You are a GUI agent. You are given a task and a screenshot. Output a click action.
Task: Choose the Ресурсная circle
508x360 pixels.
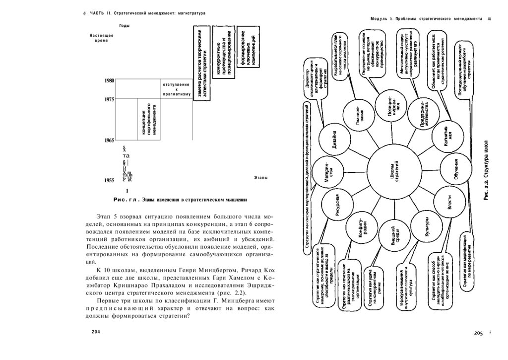[336, 204]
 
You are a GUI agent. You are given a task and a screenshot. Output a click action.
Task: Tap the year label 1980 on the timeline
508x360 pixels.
[110, 80]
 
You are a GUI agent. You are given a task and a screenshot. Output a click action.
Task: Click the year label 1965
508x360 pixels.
[110, 141]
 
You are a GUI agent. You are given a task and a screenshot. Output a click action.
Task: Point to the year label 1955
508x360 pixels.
[110, 181]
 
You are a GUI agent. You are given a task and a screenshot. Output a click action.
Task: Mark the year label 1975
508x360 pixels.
[110, 99]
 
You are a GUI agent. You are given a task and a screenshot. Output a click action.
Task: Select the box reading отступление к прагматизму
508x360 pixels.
[176, 89]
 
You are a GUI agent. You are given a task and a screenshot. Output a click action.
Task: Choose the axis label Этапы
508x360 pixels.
[261, 177]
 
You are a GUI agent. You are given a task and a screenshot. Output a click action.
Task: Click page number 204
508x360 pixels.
[96, 331]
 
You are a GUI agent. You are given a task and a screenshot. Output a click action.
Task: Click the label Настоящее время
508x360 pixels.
[101, 38]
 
